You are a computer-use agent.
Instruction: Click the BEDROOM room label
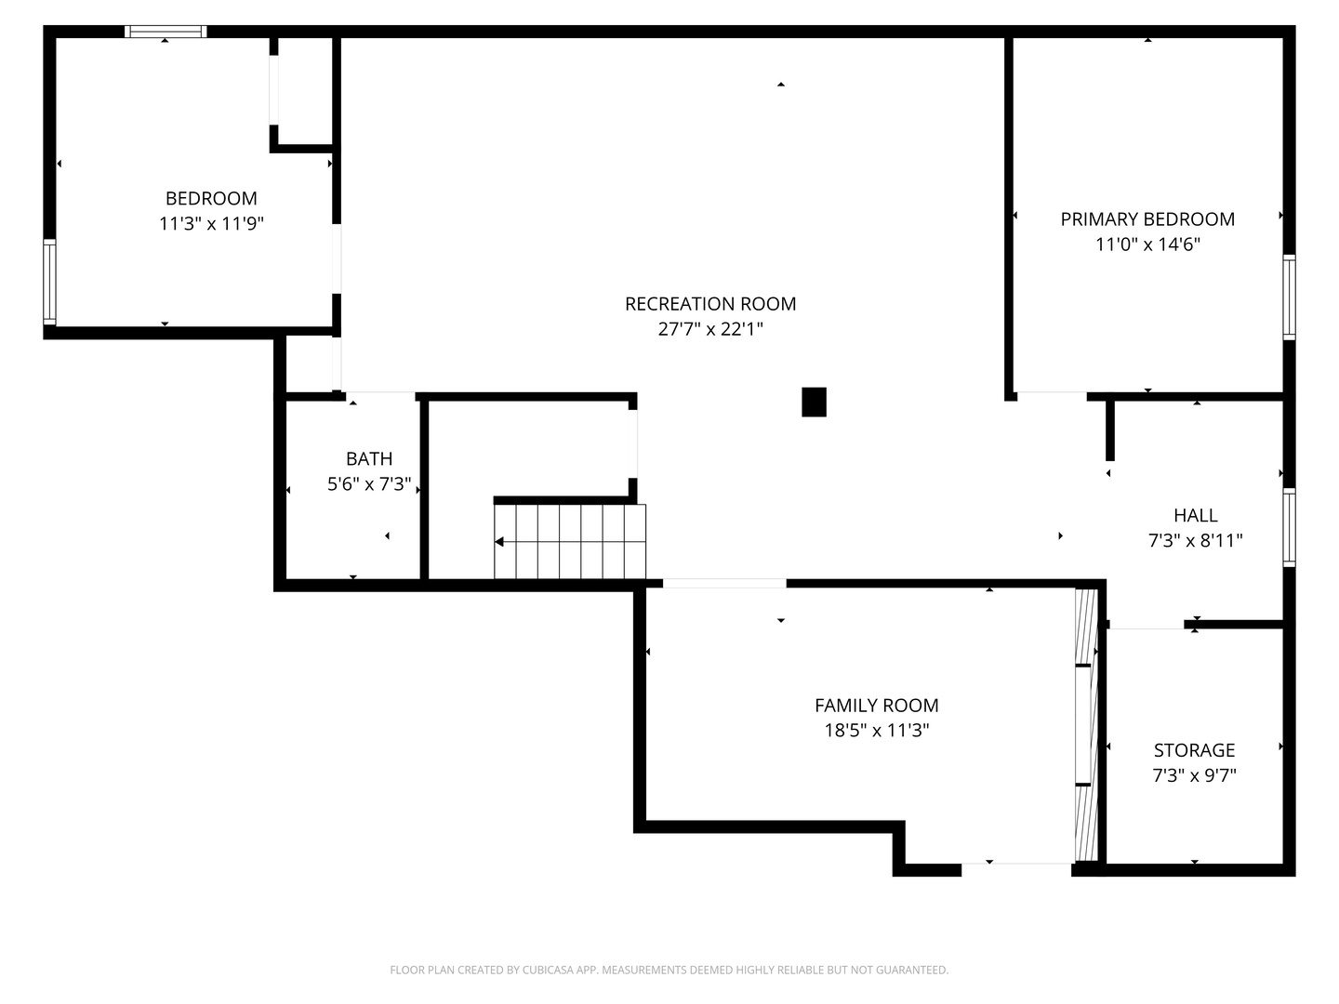point(211,198)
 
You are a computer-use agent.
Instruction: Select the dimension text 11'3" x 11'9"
point(211,223)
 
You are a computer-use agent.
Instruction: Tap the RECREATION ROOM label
point(710,303)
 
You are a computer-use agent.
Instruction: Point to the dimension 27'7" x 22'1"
point(710,328)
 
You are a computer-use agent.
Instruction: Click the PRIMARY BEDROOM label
point(1147,218)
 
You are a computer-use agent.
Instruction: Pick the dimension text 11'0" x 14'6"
point(1147,244)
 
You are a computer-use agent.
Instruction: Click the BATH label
point(369,458)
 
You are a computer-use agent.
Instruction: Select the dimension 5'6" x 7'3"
point(369,483)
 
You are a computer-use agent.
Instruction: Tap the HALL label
point(1195,515)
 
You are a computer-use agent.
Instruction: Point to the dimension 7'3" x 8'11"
point(1195,540)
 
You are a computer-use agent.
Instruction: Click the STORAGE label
point(1194,750)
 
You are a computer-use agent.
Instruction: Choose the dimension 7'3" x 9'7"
point(1194,775)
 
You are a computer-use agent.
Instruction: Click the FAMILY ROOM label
point(876,705)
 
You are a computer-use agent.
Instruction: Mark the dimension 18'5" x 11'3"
point(876,730)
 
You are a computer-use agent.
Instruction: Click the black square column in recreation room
point(814,402)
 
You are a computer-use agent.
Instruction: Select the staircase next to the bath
point(570,541)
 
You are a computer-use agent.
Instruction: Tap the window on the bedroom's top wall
point(166,32)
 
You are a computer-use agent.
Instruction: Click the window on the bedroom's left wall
point(49,282)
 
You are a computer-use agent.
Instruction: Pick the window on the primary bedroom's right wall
point(1289,297)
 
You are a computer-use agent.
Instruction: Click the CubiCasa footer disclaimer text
point(669,970)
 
